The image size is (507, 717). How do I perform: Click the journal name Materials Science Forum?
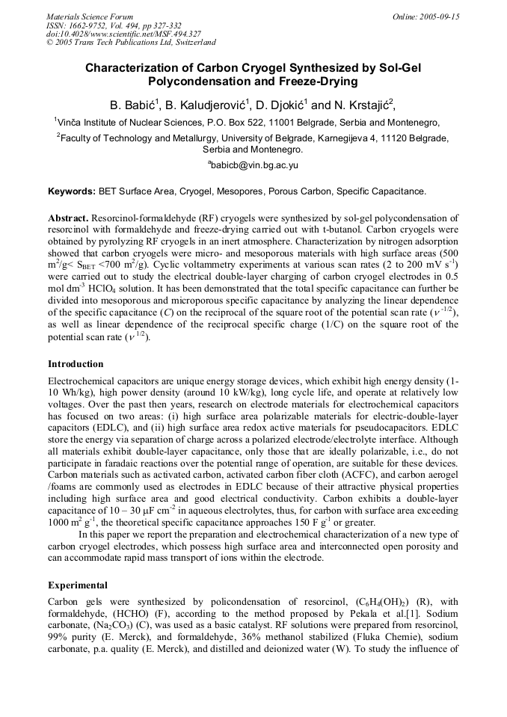(x=90, y=16)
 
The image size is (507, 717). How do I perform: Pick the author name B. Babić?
(x=132, y=104)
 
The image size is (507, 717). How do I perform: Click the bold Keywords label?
(x=72, y=191)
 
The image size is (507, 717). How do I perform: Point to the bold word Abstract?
(x=68, y=218)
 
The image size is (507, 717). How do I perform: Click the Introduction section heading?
(x=76, y=364)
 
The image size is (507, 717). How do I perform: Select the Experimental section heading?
(x=78, y=585)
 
